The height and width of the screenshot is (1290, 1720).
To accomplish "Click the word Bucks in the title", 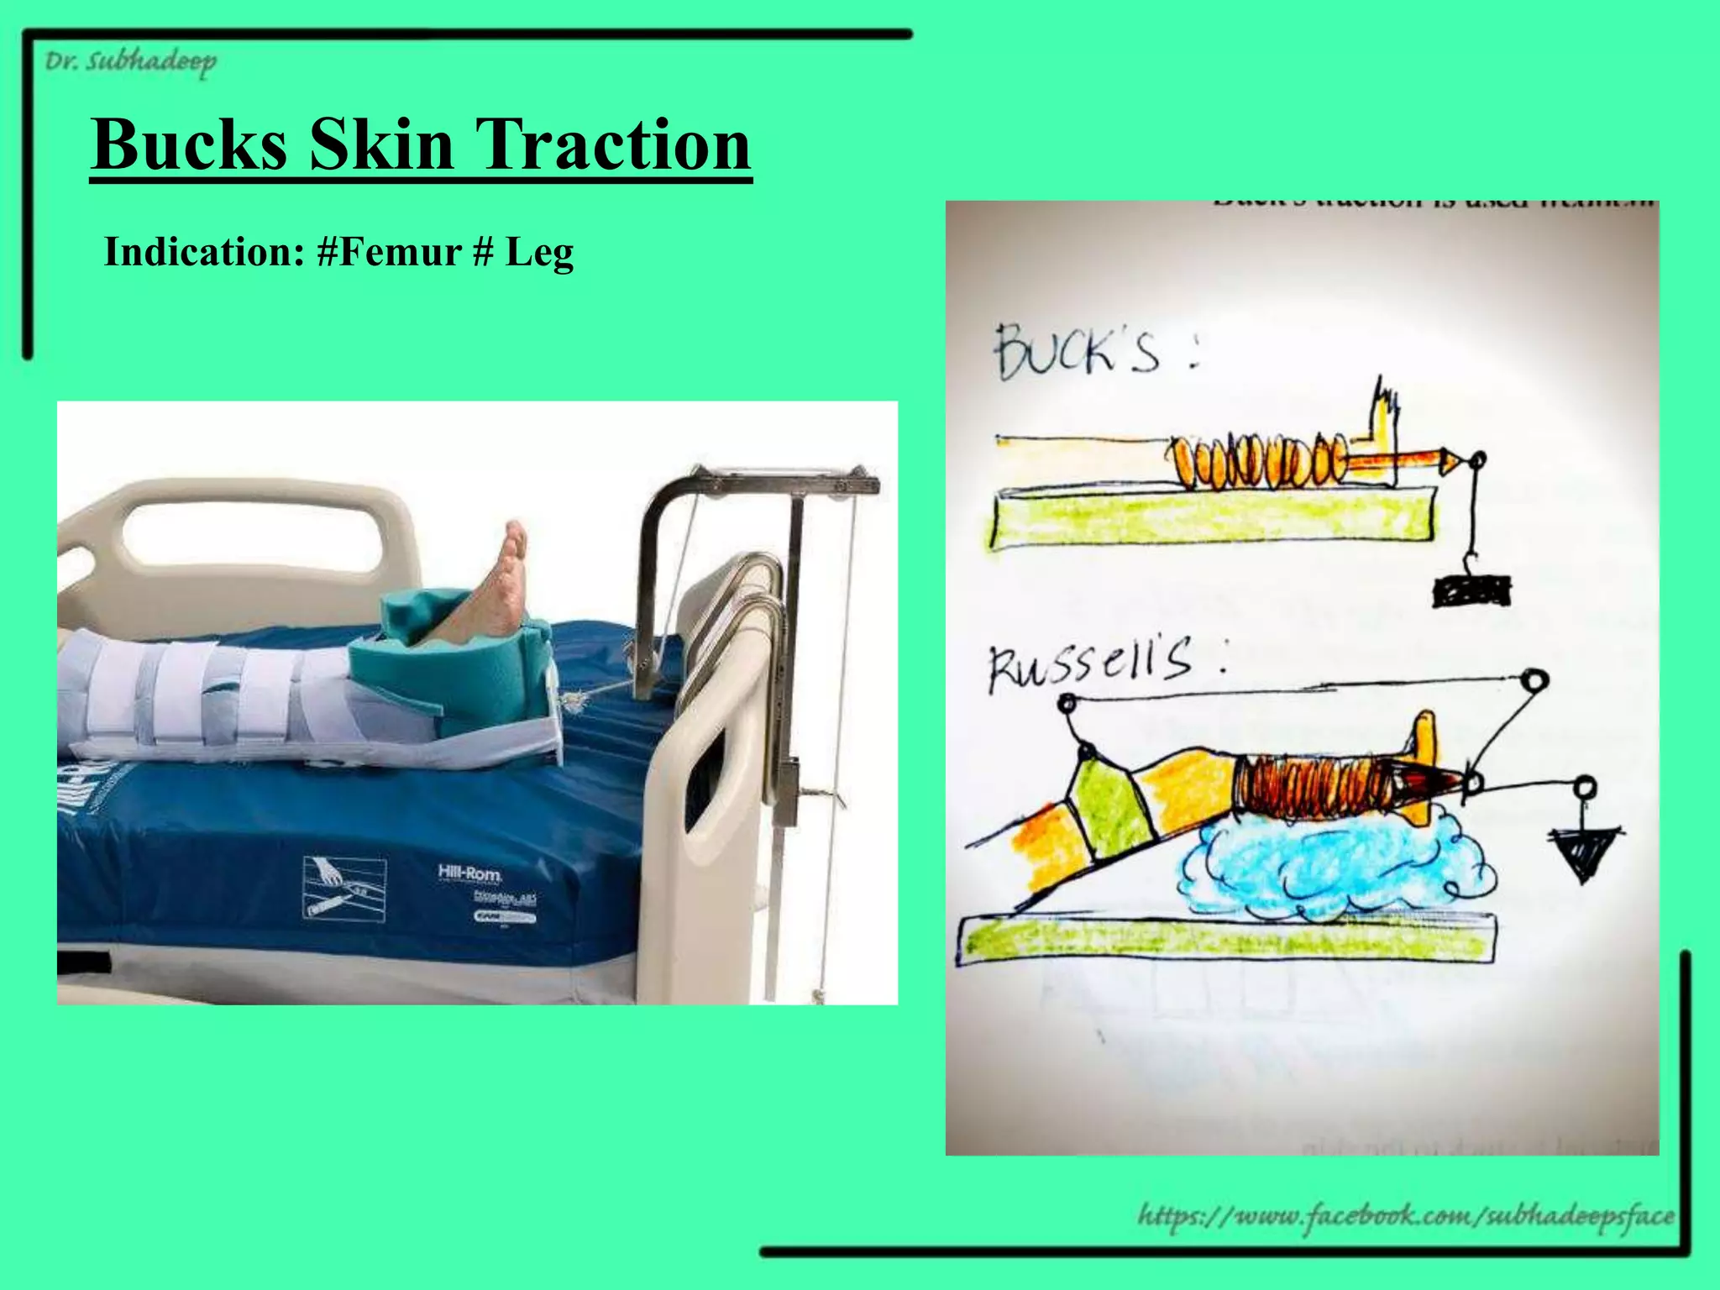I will (189, 144).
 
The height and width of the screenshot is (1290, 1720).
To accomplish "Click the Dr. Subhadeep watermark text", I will (130, 62).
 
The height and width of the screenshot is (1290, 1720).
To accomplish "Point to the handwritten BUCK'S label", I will (1079, 352).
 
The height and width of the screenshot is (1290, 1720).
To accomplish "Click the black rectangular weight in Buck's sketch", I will (1471, 590).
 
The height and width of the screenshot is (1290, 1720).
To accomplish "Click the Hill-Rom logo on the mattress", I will (469, 873).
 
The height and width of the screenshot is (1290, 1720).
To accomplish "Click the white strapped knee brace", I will (210, 697).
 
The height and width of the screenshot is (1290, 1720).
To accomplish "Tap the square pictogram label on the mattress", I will (344, 888).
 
